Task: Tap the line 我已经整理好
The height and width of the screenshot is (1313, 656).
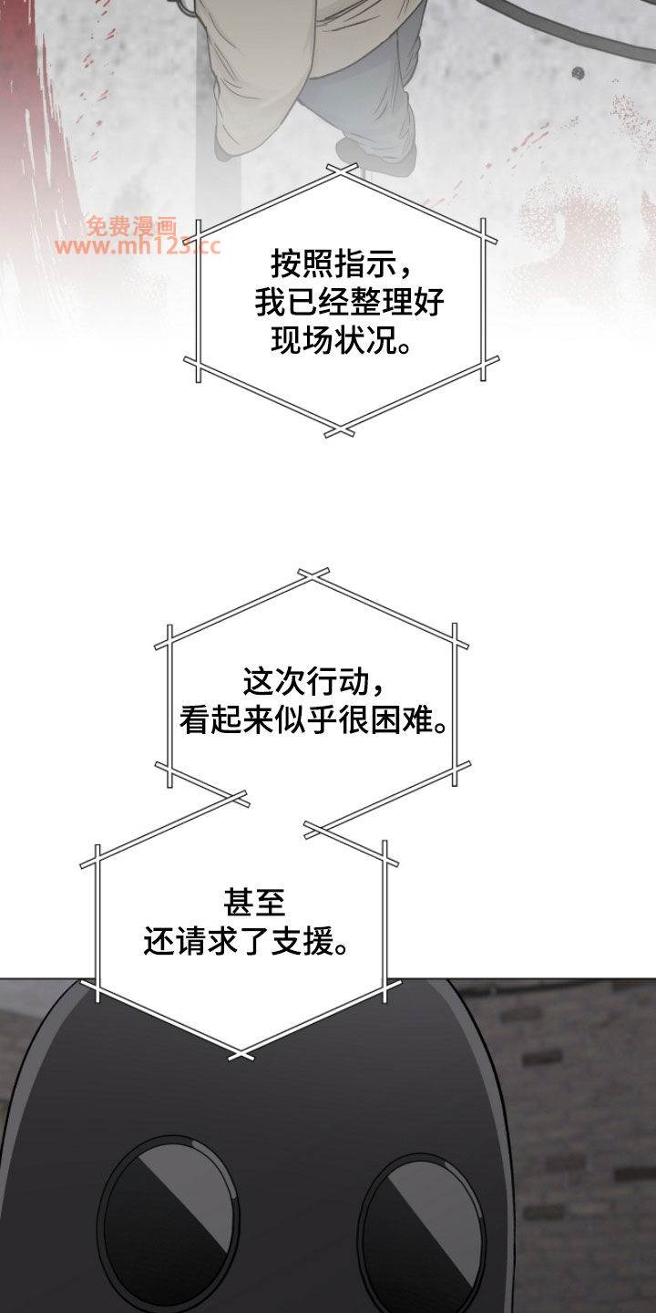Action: click(349, 303)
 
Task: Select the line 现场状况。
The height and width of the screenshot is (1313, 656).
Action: click(342, 340)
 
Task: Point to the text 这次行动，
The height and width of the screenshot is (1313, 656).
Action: click(314, 682)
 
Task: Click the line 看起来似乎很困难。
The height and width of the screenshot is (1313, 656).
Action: click(314, 719)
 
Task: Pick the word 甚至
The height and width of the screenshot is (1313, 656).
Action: click(254, 904)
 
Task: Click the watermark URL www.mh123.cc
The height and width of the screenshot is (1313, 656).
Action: click(138, 246)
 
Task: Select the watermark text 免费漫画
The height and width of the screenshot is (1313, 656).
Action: click(132, 226)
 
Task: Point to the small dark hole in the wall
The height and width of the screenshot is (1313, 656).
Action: click(578, 73)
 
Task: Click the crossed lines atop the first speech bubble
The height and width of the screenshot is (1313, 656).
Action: click(341, 170)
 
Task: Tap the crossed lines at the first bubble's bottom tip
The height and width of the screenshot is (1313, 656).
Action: click(339, 431)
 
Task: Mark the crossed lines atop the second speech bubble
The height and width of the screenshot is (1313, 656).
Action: click(313, 575)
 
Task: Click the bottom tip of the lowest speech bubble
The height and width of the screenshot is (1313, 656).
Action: click(241, 1054)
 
